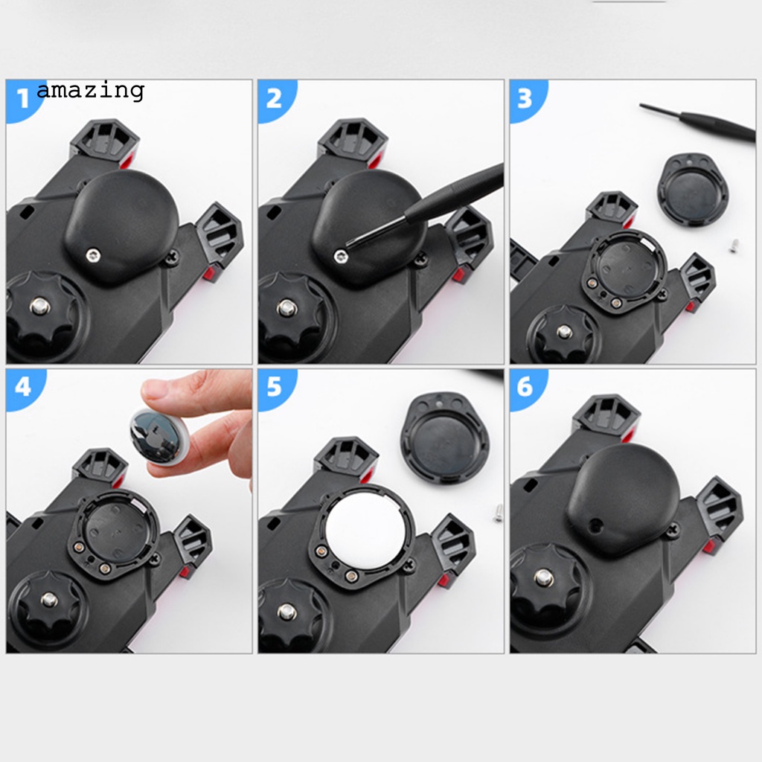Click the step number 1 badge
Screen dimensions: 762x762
pyautogui.click(x=22, y=100)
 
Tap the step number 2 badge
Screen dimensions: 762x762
pyautogui.click(x=275, y=99)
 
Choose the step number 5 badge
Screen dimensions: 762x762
pyautogui.click(x=275, y=387)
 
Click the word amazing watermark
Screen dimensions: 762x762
pyautogui.click(x=90, y=91)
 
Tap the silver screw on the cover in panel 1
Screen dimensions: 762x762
pyautogui.click(x=92, y=254)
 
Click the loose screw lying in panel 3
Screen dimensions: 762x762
pyautogui.click(x=734, y=246)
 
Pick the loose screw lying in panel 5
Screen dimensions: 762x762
pyautogui.click(x=499, y=513)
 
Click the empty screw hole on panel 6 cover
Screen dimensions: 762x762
pyautogui.click(x=595, y=525)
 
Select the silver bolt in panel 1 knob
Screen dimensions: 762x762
pyautogui.click(x=39, y=307)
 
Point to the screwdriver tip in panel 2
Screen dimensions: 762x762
pyautogui.click(x=341, y=253)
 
